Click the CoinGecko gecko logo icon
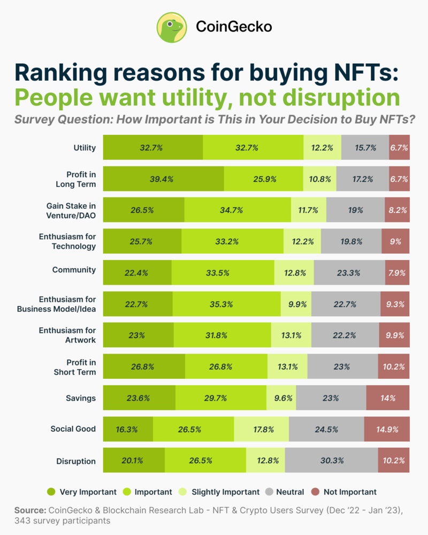(172, 27)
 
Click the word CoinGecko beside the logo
(234, 26)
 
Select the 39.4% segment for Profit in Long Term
(163, 179)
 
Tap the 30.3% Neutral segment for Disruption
(331, 460)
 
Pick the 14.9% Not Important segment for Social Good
(386, 429)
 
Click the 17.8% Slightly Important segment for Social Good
(261, 429)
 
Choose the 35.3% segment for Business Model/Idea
(226, 304)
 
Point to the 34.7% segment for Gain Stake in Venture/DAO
(238, 210)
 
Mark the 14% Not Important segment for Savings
(387, 398)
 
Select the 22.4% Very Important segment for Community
(137, 273)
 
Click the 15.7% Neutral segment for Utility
(365, 148)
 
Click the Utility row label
(84, 148)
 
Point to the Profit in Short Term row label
(75, 366)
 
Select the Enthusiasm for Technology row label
(67, 241)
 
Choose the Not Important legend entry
(345, 492)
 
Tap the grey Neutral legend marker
(269, 492)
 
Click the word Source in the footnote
(30, 510)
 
